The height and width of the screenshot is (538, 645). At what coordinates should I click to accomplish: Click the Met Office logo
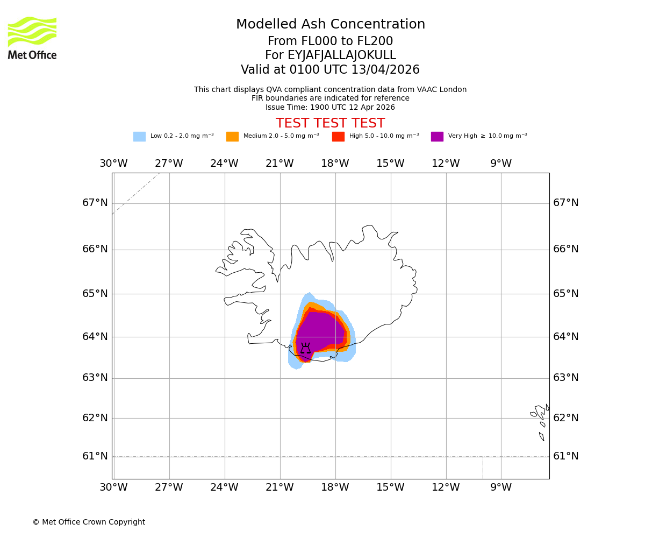point(32,38)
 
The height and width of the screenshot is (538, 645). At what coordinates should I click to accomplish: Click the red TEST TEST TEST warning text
point(330,124)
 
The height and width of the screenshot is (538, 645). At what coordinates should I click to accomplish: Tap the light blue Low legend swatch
point(139,137)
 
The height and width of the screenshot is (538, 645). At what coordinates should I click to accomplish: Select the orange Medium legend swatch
point(232,137)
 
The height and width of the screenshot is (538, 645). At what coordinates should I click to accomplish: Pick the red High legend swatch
point(338,137)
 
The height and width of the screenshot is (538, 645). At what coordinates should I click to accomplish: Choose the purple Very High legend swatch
point(437,137)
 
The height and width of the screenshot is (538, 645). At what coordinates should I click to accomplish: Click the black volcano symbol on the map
point(305,348)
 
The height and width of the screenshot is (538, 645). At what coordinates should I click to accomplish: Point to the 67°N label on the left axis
point(95,203)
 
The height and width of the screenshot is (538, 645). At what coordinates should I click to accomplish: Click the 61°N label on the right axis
point(566,456)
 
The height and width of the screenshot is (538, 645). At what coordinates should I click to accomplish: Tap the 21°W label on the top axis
point(279,164)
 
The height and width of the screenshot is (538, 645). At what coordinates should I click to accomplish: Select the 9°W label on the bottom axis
point(501,487)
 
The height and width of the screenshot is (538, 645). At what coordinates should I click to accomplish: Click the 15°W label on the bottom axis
point(390,487)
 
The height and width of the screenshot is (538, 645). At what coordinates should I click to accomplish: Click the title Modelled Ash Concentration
point(331,25)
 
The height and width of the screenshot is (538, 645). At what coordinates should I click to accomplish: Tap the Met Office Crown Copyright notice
point(89,522)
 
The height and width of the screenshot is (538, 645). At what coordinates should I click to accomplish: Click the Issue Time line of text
point(330,107)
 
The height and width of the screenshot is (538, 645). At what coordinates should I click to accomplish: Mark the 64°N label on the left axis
point(95,337)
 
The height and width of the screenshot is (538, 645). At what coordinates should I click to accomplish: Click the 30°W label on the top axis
point(113,164)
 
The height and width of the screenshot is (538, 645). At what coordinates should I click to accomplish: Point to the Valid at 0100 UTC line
point(330,70)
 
